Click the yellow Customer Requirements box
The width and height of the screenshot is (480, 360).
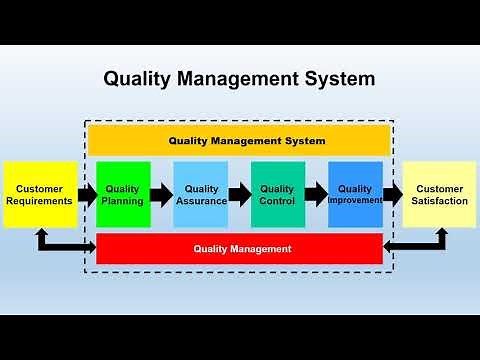(40, 194)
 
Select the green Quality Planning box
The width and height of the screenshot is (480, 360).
(123, 194)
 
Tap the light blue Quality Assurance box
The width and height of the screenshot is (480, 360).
(201, 194)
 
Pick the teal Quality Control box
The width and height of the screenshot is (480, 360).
(277, 194)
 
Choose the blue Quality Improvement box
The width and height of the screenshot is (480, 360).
(355, 194)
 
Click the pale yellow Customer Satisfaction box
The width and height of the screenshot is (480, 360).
(439, 194)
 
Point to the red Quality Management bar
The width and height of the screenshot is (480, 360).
(240, 249)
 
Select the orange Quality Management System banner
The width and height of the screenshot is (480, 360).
(240, 140)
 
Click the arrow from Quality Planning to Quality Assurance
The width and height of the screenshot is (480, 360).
(162, 194)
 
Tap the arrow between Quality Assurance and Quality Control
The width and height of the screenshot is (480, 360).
(239, 194)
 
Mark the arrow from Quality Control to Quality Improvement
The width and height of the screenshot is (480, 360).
(316, 194)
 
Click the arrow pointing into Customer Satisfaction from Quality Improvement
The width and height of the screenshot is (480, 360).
(393, 194)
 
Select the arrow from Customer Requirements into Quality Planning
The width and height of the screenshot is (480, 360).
(86, 194)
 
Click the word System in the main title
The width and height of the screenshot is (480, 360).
(338, 78)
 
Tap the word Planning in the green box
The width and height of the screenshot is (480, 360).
(123, 201)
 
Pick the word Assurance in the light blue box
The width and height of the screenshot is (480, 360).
(201, 201)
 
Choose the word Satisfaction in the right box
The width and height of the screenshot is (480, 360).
(439, 201)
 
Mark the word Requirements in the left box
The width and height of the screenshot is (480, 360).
(40, 201)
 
